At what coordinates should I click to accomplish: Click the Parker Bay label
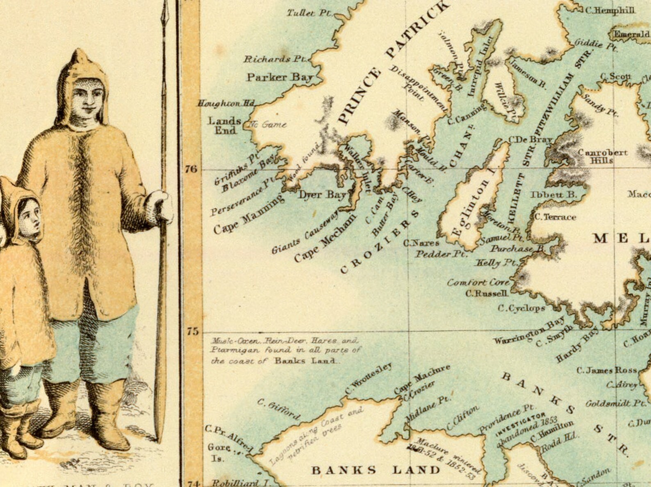click(x=280, y=77)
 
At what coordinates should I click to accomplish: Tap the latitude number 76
click(x=191, y=169)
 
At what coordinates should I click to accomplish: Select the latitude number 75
click(x=192, y=331)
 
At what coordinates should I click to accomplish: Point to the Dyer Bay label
click(x=322, y=195)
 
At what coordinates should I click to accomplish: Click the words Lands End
click(x=224, y=125)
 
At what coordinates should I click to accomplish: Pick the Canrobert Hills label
click(x=602, y=156)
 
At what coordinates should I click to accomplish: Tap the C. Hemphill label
click(x=610, y=10)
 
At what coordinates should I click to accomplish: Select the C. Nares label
click(x=421, y=243)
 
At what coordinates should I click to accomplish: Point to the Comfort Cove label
click(x=478, y=282)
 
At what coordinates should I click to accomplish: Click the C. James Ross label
click(x=607, y=371)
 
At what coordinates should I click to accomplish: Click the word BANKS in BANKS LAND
click(x=344, y=470)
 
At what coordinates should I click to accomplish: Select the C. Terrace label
click(x=555, y=217)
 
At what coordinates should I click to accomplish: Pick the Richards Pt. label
click(x=275, y=59)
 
